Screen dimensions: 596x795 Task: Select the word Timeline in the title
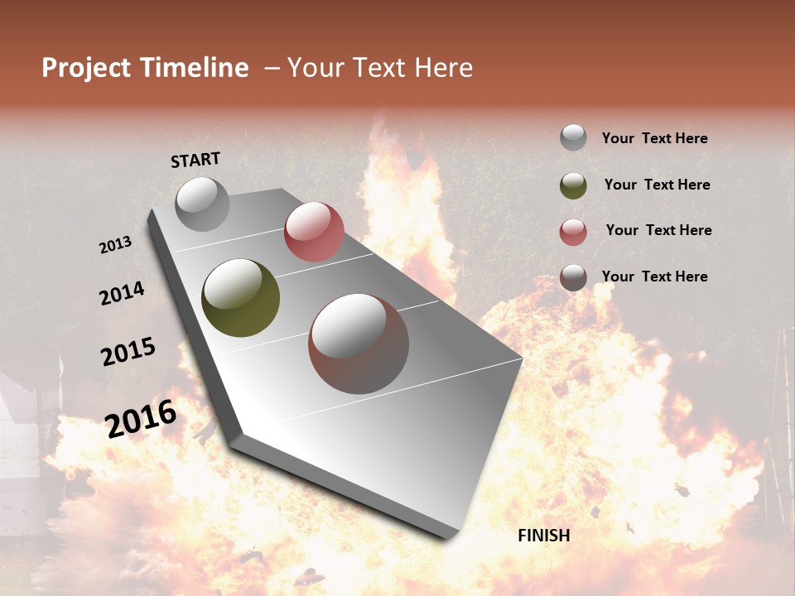(x=195, y=68)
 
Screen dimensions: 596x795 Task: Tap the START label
(x=195, y=160)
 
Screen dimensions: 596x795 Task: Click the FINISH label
(x=543, y=536)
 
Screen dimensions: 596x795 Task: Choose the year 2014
(x=122, y=293)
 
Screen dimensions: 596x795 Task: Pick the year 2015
(x=128, y=352)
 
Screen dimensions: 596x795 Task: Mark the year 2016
(x=141, y=419)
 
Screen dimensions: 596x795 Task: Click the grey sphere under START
(x=203, y=204)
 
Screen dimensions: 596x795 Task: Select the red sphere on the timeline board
(x=314, y=232)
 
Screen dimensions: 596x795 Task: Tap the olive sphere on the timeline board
(x=241, y=298)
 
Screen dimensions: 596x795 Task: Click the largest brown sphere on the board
(x=359, y=344)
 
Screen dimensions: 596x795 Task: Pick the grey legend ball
(x=573, y=137)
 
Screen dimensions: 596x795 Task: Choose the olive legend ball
(x=573, y=185)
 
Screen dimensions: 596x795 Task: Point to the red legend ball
(x=573, y=232)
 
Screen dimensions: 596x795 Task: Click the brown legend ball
(x=573, y=277)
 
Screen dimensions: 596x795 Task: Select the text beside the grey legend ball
(x=654, y=138)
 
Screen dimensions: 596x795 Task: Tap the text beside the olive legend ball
(x=657, y=185)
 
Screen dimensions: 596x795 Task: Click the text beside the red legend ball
(x=658, y=230)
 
